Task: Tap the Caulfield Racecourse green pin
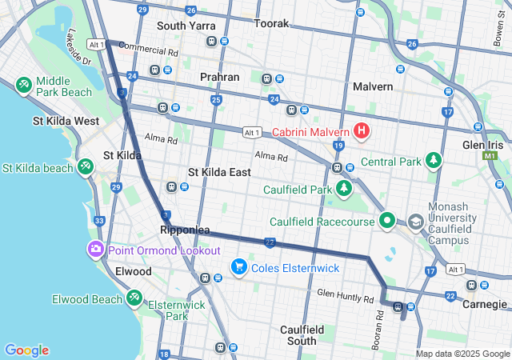pos(387,220)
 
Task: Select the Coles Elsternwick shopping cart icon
pos(238,267)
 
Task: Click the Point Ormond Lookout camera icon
pos(96,250)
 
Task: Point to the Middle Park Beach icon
pos(22,85)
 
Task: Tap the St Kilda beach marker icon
pos(84,167)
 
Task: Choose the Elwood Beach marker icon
pos(134,299)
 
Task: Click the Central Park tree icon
pos(434,161)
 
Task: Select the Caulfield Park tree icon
pos(344,190)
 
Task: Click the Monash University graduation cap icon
pos(415,221)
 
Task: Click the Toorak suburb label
pos(271,23)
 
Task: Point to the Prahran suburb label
pos(219,77)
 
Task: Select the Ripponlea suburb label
pos(185,230)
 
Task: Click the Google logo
pos(26,350)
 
